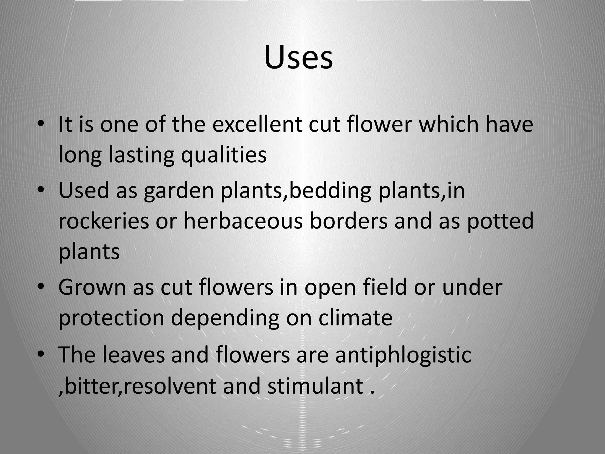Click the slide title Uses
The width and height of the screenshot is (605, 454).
click(298, 58)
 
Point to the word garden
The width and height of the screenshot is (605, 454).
click(179, 191)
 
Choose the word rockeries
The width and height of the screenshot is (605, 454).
click(104, 221)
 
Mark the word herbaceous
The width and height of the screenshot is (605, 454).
click(243, 221)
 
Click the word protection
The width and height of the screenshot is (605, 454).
click(111, 318)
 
